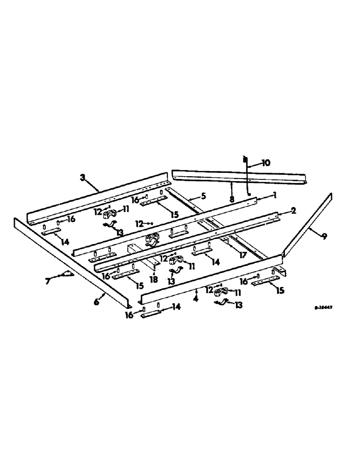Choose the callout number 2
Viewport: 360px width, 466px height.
293,211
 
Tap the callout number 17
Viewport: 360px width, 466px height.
242,255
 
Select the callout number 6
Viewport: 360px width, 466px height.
96,302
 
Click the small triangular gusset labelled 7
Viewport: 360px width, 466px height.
65,274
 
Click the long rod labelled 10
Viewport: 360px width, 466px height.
245,177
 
